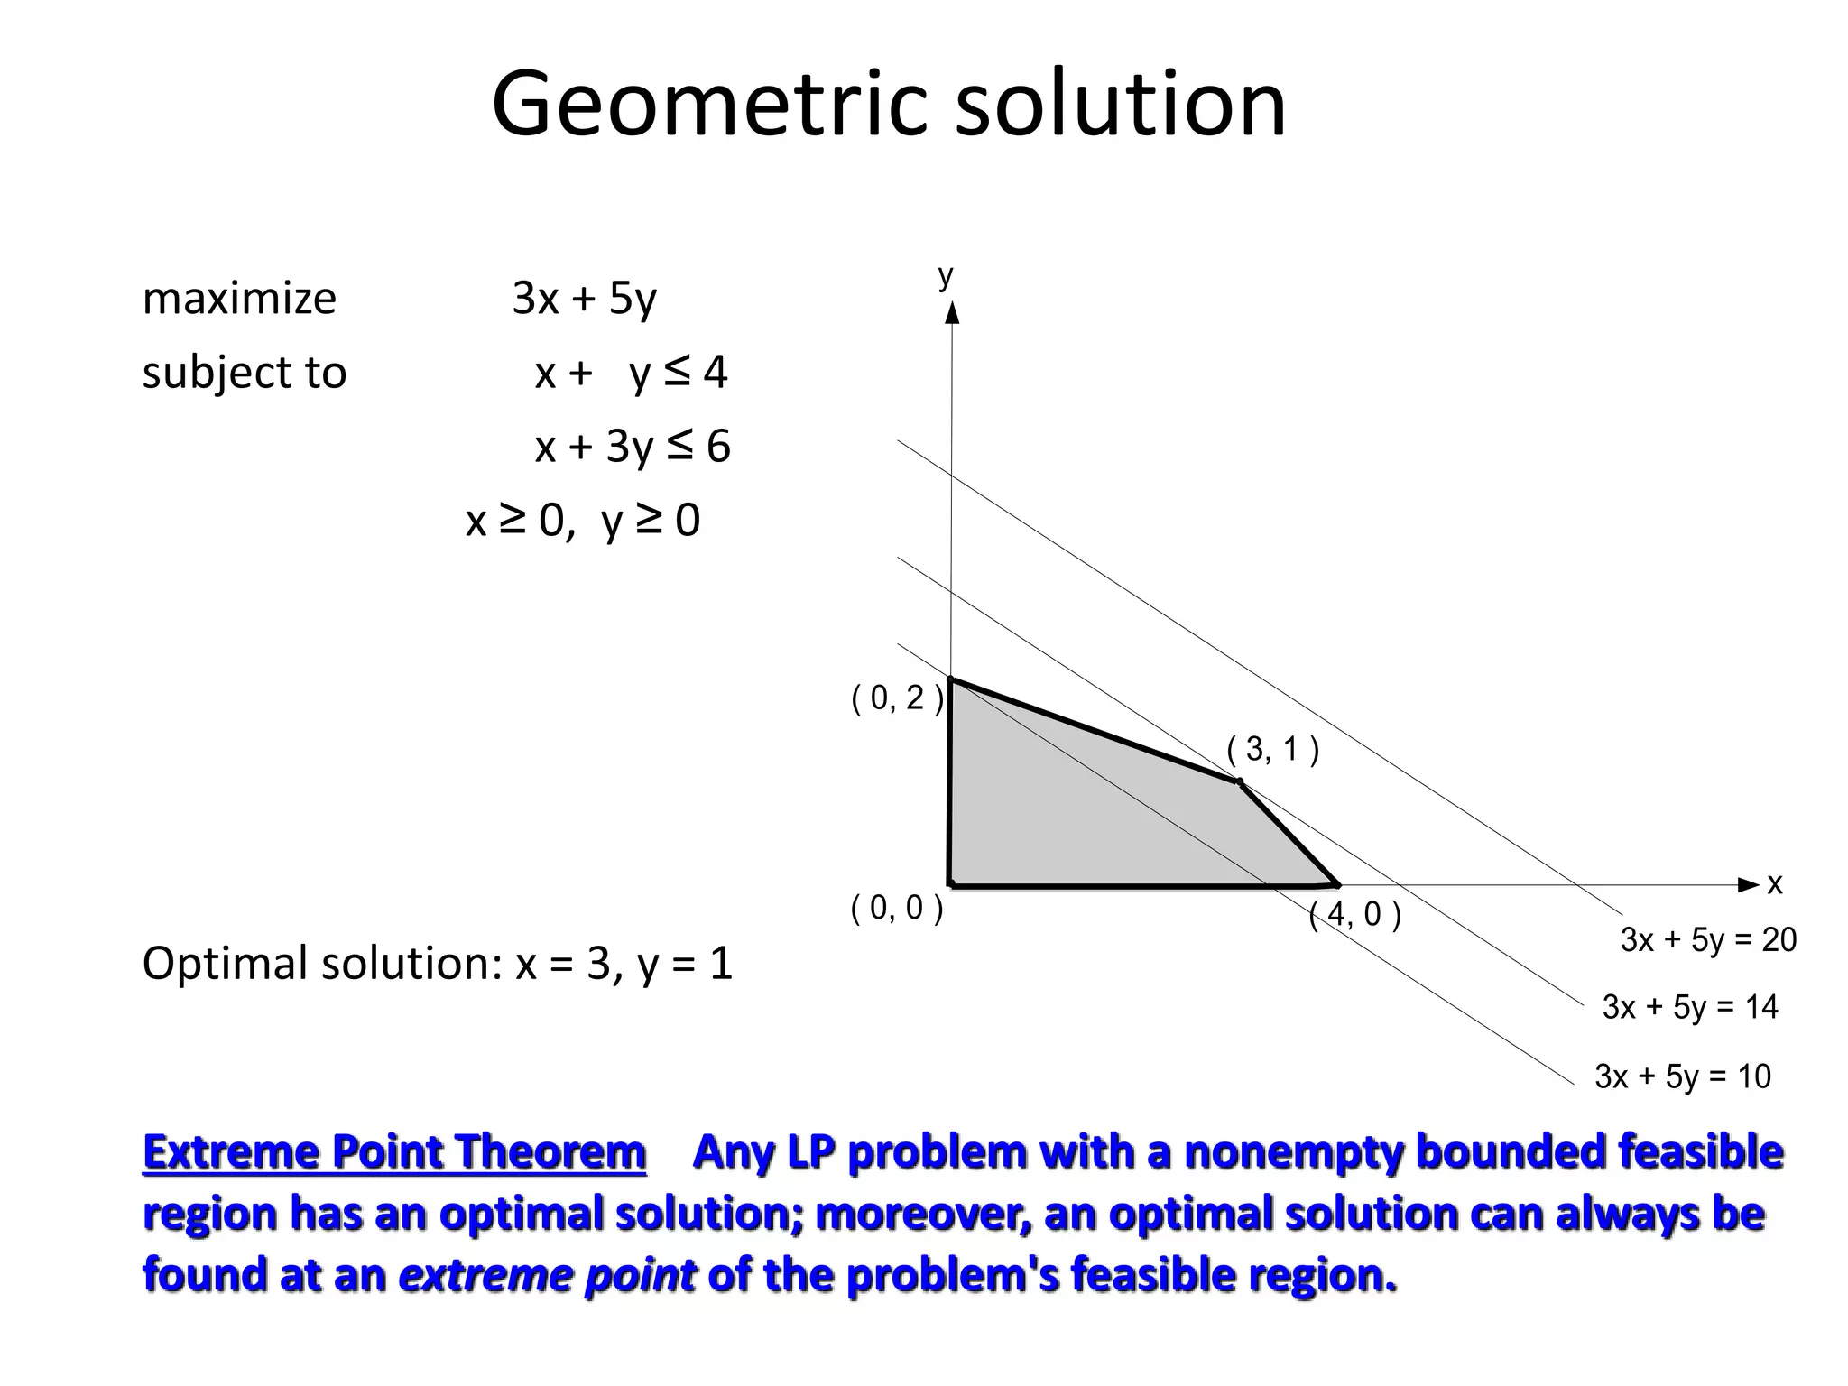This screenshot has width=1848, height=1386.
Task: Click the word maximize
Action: pyautogui.click(x=239, y=298)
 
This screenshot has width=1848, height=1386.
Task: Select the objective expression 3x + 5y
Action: pyautogui.click(x=584, y=298)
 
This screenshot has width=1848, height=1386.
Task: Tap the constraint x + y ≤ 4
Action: pyautogui.click(x=631, y=372)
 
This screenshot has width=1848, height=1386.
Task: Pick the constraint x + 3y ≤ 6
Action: pyautogui.click(x=632, y=446)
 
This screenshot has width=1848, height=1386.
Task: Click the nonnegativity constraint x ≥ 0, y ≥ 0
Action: pyautogui.click(x=582, y=521)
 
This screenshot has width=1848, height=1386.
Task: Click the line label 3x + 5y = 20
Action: pyautogui.click(x=1707, y=940)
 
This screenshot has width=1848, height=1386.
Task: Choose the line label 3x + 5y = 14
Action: pyautogui.click(x=1689, y=1007)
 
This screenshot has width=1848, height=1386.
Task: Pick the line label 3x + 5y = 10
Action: pyautogui.click(x=1682, y=1076)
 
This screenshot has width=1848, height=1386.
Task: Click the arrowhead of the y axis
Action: pyautogui.click(x=951, y=313)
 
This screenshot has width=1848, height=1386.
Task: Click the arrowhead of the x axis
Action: pyautogui.click(x=1748, y=884)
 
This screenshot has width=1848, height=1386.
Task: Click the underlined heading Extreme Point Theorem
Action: pyautogui.click(x=394, y=1152)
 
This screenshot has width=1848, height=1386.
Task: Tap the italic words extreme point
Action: pyautogui.click(x=547, y=1275)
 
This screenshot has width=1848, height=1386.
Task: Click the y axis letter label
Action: pyautogui.click(x=945, y=275)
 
